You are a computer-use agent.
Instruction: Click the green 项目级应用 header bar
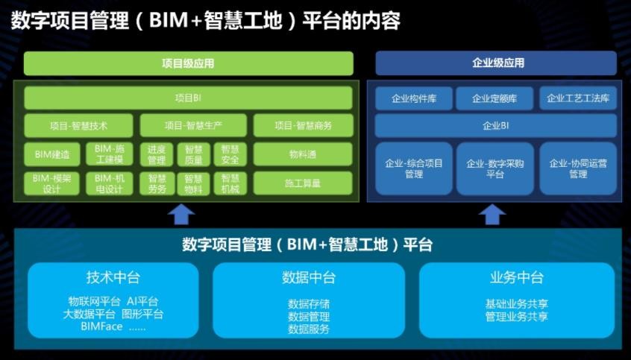click(x=189, y=63)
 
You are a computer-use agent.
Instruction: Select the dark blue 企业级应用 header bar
click(x=496, y=63)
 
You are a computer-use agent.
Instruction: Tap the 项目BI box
click(x=189, y=98)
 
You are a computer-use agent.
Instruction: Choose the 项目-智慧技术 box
click(x=78, y=125)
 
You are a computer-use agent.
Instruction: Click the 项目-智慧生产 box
click(x=193, y=125)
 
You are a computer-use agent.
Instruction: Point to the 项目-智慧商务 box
click(x=303, y=125)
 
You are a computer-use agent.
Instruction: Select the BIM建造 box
click(x=52, y=154)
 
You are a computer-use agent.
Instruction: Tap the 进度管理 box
click(x=157, y=154)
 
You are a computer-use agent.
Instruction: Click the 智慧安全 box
click(x=230, y=154)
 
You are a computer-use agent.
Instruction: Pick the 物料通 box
click(x=303, y=154)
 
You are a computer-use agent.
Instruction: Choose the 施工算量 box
click(x=303, y=183)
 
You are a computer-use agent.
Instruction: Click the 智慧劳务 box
click(x=157, y=183)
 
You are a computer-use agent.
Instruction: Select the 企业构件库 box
click(x=414, y=98)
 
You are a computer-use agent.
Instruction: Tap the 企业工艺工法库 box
click(x=578, y=98)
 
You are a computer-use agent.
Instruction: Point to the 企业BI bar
click(x=496, y=125)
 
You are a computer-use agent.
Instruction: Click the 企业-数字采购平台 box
click(x=495, y=168)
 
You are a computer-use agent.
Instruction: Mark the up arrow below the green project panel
click(x=181, y=215)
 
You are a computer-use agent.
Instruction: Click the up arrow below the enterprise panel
click(x=492, y=215)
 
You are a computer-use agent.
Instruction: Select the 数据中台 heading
click(x=309, y=277)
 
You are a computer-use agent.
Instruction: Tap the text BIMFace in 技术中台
click(x=101, y=326)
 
